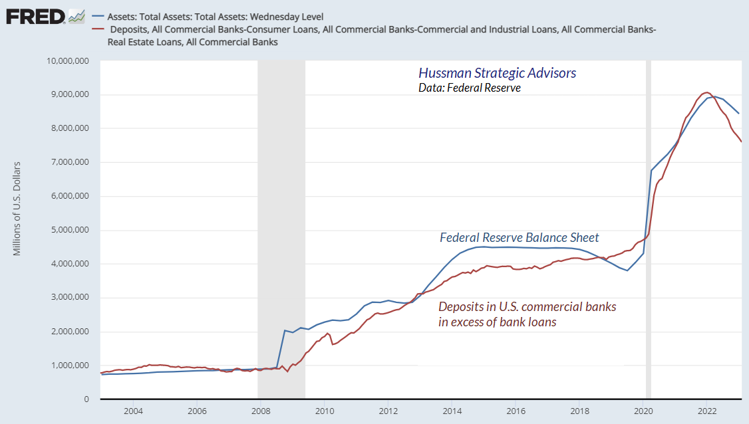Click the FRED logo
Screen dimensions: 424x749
[36, 15]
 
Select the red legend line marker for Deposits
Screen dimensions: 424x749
[100, 29]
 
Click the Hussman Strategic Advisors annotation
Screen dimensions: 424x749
[497, 73]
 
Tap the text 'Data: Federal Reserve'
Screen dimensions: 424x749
[470, 87]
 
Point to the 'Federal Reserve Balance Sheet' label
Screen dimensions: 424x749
[520, 237]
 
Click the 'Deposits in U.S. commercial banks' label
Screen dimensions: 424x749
[527, 307]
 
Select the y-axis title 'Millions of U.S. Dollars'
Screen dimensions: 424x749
[17, 208]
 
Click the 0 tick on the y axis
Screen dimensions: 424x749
[87, 399]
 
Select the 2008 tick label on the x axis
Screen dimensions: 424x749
[259, 411]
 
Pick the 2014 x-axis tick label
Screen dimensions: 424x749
[451, 411]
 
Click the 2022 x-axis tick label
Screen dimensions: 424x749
[706, 411]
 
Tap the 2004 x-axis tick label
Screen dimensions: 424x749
[132, 411]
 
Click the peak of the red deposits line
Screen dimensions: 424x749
[706, 92]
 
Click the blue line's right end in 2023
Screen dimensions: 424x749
[739, 114]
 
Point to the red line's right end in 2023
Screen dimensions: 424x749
[741, 141]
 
